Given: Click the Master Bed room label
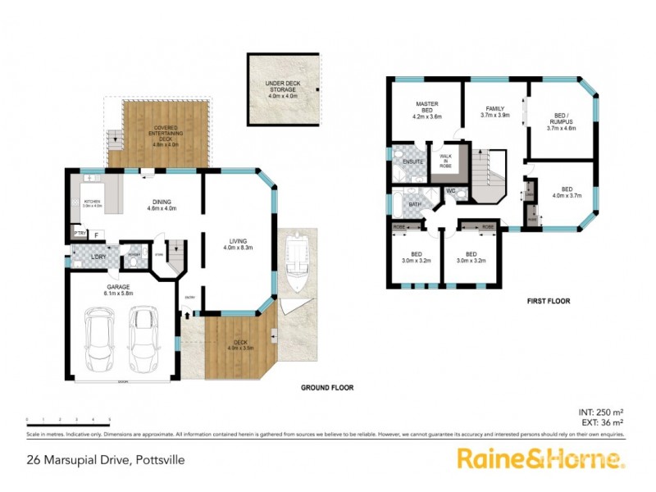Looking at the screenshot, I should (x=426, y=111).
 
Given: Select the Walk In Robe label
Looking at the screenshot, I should (x=446, y=160).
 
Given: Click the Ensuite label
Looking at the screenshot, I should (x=412, y=162).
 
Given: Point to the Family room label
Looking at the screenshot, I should (x=494, y=112).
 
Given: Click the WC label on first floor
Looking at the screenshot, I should (x=451, y=192).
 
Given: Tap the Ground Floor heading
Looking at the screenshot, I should (x=326, y=388).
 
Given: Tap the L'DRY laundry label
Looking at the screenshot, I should (x=99, y=257).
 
